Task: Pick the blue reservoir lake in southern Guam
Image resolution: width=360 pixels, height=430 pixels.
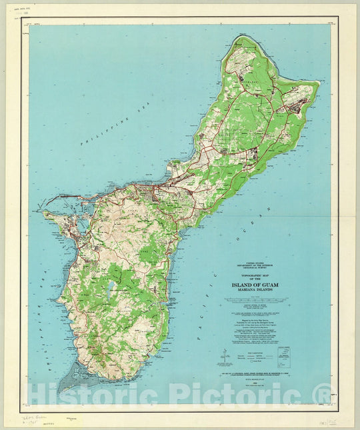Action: pyautogui.click(x=109, y=289)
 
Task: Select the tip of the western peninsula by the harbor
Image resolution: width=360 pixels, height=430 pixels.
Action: pyautogui.click(x=45, y=213)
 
